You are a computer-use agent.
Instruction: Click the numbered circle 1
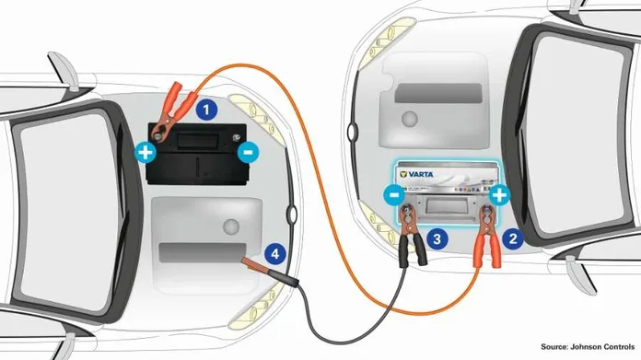click(206, 110)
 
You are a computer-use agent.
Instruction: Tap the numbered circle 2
click(513, 238)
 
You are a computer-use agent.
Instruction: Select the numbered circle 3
click(437, 238)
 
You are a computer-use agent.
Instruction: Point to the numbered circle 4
click(275, 254)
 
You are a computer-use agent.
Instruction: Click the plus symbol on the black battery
click(146, 153)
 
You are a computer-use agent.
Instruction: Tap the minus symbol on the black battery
click(248, 153)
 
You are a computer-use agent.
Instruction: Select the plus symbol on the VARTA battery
click(499, 196)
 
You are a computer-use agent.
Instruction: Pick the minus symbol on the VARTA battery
click(394, 195)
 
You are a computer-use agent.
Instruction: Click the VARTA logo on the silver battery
click(416, 175)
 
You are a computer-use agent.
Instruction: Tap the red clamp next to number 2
click(486, 236)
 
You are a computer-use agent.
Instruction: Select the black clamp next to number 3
click(412, 236)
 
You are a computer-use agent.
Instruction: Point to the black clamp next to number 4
click(270, 272)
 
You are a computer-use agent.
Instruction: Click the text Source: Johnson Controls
click(588, 346)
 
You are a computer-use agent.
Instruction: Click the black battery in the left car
click(197, 154)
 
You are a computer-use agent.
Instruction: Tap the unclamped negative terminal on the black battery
click(236, 138)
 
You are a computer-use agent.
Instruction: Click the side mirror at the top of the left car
click(64, 69)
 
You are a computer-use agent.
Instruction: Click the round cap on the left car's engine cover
click(231, 226)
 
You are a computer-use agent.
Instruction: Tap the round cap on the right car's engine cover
click(410, 119)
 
